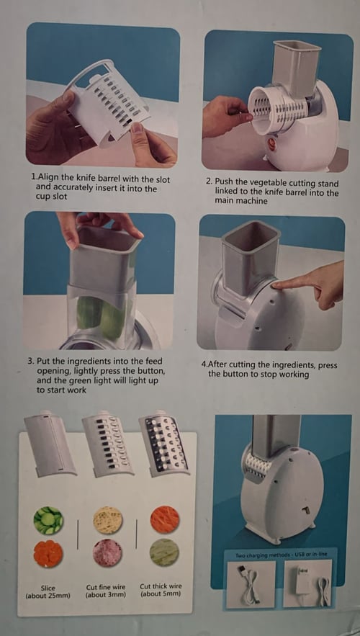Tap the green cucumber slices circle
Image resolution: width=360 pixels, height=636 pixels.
[x=48, y=520]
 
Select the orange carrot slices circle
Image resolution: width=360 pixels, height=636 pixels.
[x=48, y=553]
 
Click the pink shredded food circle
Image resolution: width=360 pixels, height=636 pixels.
[x=107, y=553]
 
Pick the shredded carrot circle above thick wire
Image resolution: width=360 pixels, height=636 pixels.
[x=165, y=519]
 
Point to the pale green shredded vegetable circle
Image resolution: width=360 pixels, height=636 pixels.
[x=164, y=552]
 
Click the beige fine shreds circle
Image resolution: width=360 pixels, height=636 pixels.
[x=107, y=520]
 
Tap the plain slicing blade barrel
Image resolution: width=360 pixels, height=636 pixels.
[x=49, y=445]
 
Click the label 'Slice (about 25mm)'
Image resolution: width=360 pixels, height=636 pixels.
[x=48, y=591]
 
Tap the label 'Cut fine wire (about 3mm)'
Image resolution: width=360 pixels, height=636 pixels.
[x=106, y=591]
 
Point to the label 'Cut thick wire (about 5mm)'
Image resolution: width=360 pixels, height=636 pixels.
[x=161, y=590]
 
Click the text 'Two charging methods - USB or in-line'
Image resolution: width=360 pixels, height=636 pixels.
[x=281, y=555]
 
